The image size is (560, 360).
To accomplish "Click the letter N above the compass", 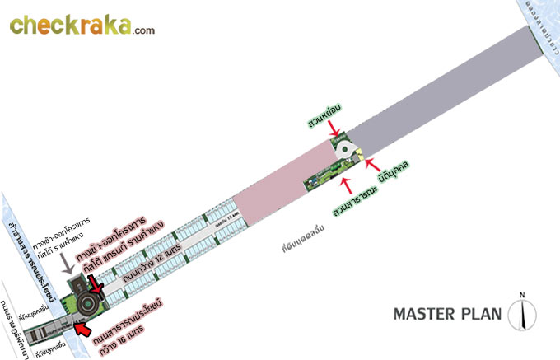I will pyautogui.click(x=521, y=294).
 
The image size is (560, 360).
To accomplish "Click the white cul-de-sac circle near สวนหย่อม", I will pyautogui.click(x=349, y=150).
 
